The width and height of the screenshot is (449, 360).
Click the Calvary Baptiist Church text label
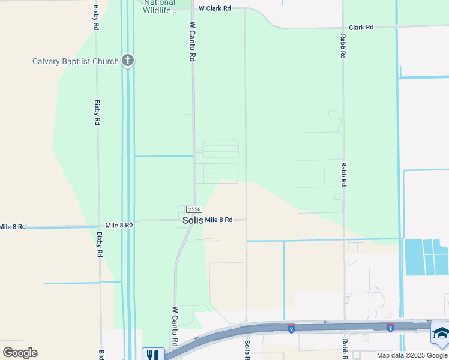76,61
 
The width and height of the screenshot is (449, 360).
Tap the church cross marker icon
127,61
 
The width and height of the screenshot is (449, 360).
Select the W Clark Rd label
215,8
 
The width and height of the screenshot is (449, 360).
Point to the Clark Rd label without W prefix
361,28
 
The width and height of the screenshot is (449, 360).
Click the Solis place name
193,221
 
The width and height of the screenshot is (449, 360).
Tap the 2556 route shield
194,209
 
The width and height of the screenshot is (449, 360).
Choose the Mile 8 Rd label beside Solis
218,220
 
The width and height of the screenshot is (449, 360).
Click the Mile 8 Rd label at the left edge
13,227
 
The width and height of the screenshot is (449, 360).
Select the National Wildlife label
160,7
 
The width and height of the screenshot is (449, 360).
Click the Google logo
20,353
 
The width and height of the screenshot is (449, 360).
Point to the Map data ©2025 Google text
412,355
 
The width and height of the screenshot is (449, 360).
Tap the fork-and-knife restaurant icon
152,355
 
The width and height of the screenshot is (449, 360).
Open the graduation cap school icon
440,334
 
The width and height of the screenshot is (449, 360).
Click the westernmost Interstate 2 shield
291,329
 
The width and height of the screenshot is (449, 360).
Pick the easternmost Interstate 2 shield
390,328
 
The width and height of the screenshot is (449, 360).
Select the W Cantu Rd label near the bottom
175,326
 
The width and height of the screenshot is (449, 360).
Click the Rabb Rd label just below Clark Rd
342,46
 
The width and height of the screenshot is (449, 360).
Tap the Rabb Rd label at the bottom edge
345,349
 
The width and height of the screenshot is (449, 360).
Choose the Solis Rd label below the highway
247,350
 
